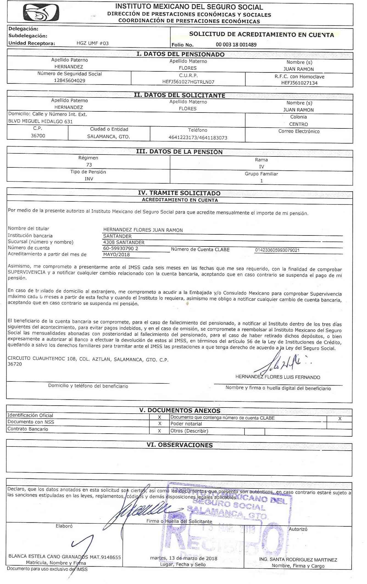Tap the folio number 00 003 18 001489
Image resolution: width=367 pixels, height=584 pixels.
pos(236,45)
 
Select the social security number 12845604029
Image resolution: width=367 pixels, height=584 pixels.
pos(69,81)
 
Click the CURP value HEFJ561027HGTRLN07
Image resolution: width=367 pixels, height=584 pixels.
pos(188,82)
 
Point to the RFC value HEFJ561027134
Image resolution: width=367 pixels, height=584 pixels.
pos(299,83)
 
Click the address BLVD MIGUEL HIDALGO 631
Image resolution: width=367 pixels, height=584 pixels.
pos(40,121)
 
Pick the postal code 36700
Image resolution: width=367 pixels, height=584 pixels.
pos(38,136)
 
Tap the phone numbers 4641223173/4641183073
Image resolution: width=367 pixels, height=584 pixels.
pos(198,137)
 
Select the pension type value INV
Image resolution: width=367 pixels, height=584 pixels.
pos(89,179)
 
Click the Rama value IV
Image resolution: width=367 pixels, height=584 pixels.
pos(261,167)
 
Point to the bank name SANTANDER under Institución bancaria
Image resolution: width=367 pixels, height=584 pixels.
pos(117,236)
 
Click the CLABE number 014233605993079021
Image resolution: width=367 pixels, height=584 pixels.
pos(277,250)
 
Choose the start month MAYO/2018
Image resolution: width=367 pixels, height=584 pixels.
pos(116,254)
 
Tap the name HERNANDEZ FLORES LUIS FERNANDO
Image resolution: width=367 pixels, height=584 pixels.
pos(278,377)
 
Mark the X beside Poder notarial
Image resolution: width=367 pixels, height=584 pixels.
pos(159,424)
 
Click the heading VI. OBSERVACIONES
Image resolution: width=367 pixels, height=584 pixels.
pos(179,445)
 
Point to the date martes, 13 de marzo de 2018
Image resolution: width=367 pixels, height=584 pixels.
pos(183,558)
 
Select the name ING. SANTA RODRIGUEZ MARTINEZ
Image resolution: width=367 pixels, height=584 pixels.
pos(298,560)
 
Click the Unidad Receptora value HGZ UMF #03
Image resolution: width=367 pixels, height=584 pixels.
pos(93,43)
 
